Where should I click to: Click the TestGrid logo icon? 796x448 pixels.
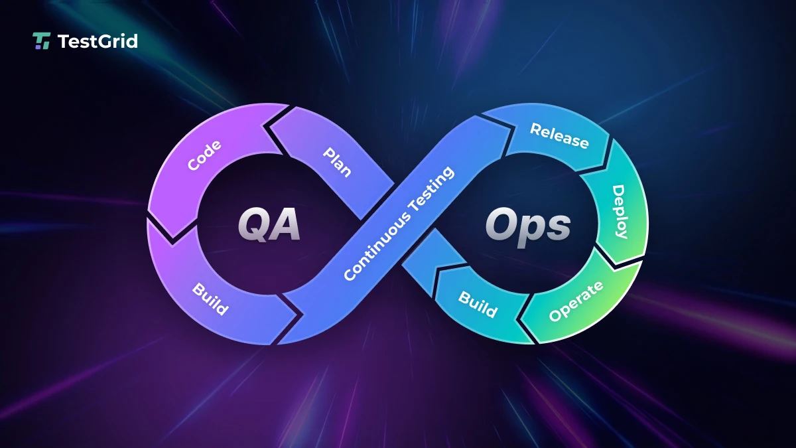(41, 41)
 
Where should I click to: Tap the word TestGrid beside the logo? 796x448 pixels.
(98, 41)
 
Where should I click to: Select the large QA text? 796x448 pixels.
(269, 225)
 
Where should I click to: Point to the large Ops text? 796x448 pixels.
(527, 226)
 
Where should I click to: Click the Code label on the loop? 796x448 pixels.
(204, 155)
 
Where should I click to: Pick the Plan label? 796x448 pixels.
(337, 162)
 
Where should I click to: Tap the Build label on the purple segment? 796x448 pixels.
(210, 299)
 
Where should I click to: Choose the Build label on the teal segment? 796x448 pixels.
(478, 303)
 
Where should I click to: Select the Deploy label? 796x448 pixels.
(619, 211)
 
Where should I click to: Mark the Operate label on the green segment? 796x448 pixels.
(576, 301)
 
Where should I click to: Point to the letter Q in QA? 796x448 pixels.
(254, 225)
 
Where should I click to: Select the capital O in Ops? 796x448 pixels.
(502, 225)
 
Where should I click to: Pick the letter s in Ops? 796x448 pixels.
(557, 228)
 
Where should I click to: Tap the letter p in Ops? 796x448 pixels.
(531, 230)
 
